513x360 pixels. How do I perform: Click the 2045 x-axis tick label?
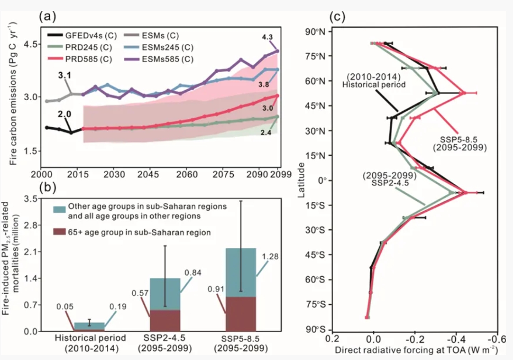[149, 174]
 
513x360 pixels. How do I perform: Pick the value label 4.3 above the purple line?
[267, 37]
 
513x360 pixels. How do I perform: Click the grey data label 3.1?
[65, 75]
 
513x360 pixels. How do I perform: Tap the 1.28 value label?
[270, 257]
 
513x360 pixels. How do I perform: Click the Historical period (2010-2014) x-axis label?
[90, 343]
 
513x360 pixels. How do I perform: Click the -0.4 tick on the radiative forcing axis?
[456, 339]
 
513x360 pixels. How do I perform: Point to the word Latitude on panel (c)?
[301, 180]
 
